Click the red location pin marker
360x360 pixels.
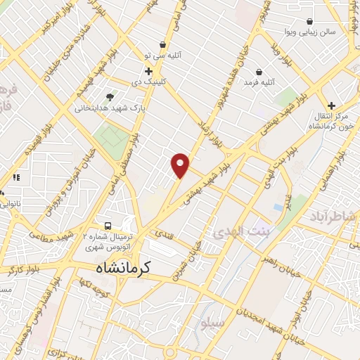(x=181, y=165)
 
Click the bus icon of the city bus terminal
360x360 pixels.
(x=108, y=226)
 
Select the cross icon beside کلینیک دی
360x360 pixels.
(x=148, y=71)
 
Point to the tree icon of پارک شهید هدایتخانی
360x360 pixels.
(x=109, y=97)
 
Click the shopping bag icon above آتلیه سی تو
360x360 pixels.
(x=163, y=44)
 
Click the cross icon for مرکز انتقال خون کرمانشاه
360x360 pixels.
(x=331, y=105)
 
